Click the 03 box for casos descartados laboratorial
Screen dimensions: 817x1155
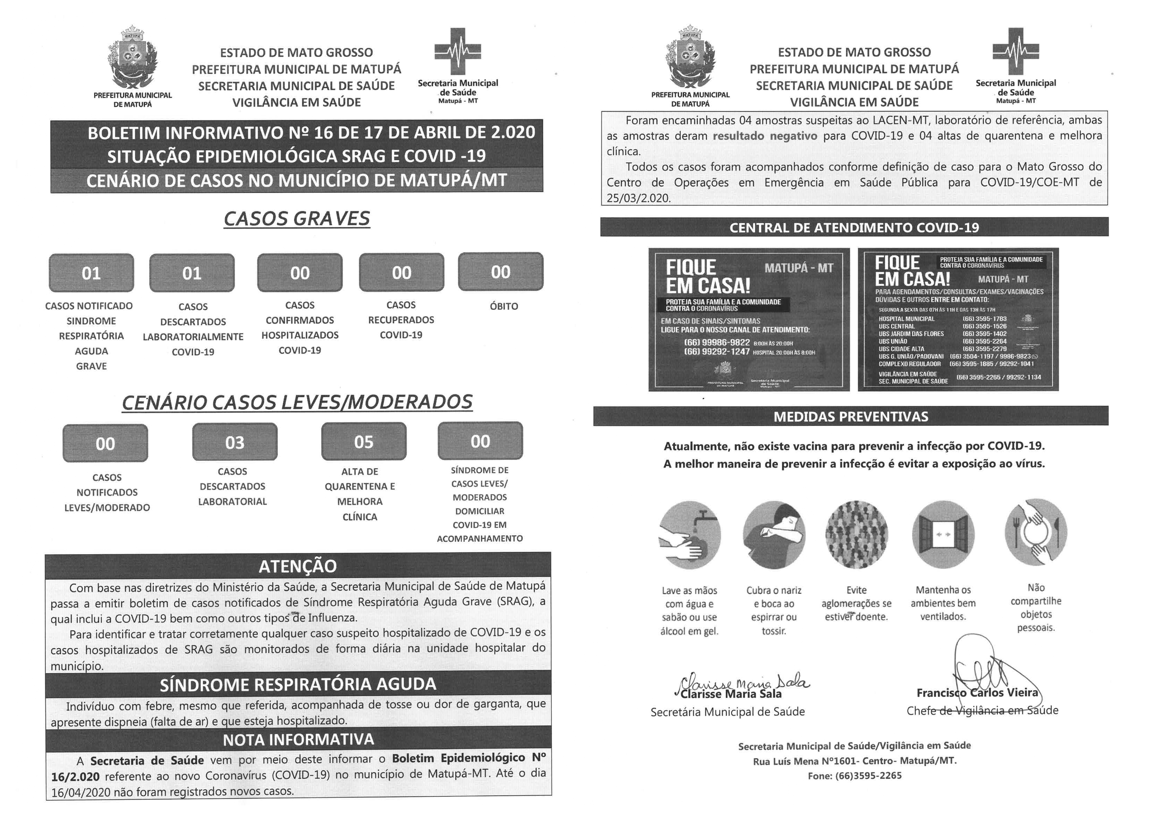pos(234,442)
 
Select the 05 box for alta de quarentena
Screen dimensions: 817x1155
pos(364,441)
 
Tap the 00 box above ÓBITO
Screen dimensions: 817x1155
pos(500,272)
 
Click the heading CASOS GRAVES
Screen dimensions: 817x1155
pos(297,218)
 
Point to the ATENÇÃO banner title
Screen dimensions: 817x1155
pos(298,566)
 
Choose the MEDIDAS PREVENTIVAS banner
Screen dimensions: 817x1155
pos(851,416)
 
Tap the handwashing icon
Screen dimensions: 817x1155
pos(690,535)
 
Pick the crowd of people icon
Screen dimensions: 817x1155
pos(857,534)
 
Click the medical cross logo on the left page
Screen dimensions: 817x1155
pos(458,51)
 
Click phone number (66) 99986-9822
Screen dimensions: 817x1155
pos(717,342)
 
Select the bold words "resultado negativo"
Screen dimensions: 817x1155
pos(765,135)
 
